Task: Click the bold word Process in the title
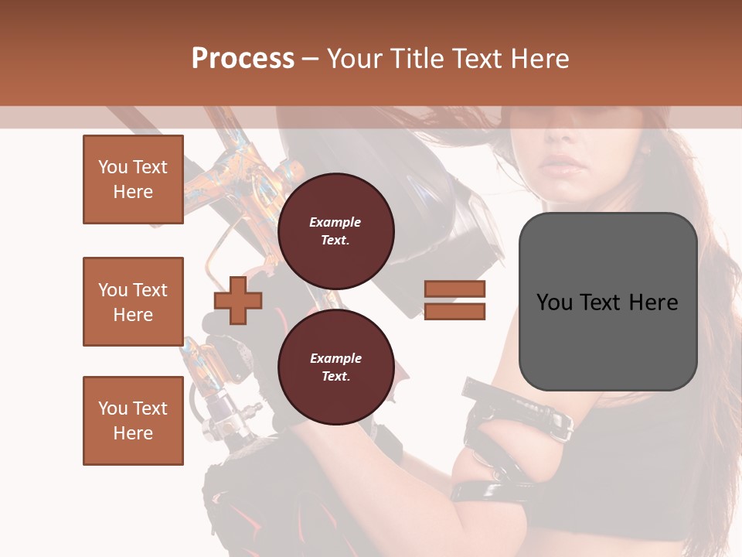tap(243, 59)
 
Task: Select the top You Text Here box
tap(133, 179)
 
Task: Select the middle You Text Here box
tap(133, 302)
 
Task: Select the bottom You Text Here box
tap(133, 420)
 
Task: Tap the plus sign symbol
tap(238, 300)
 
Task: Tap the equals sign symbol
tap(454, 300)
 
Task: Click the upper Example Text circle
tap(335, 231)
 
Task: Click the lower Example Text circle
tap(335, 367)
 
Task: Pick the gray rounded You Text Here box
tap(608, 302)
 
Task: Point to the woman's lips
tap(563, 166)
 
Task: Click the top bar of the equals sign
tap(454, 289)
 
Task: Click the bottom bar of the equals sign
tap(454, 312)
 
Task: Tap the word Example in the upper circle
tap(335, 222)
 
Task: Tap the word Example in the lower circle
tap(335, 358)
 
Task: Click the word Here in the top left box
tap(133, 192)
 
